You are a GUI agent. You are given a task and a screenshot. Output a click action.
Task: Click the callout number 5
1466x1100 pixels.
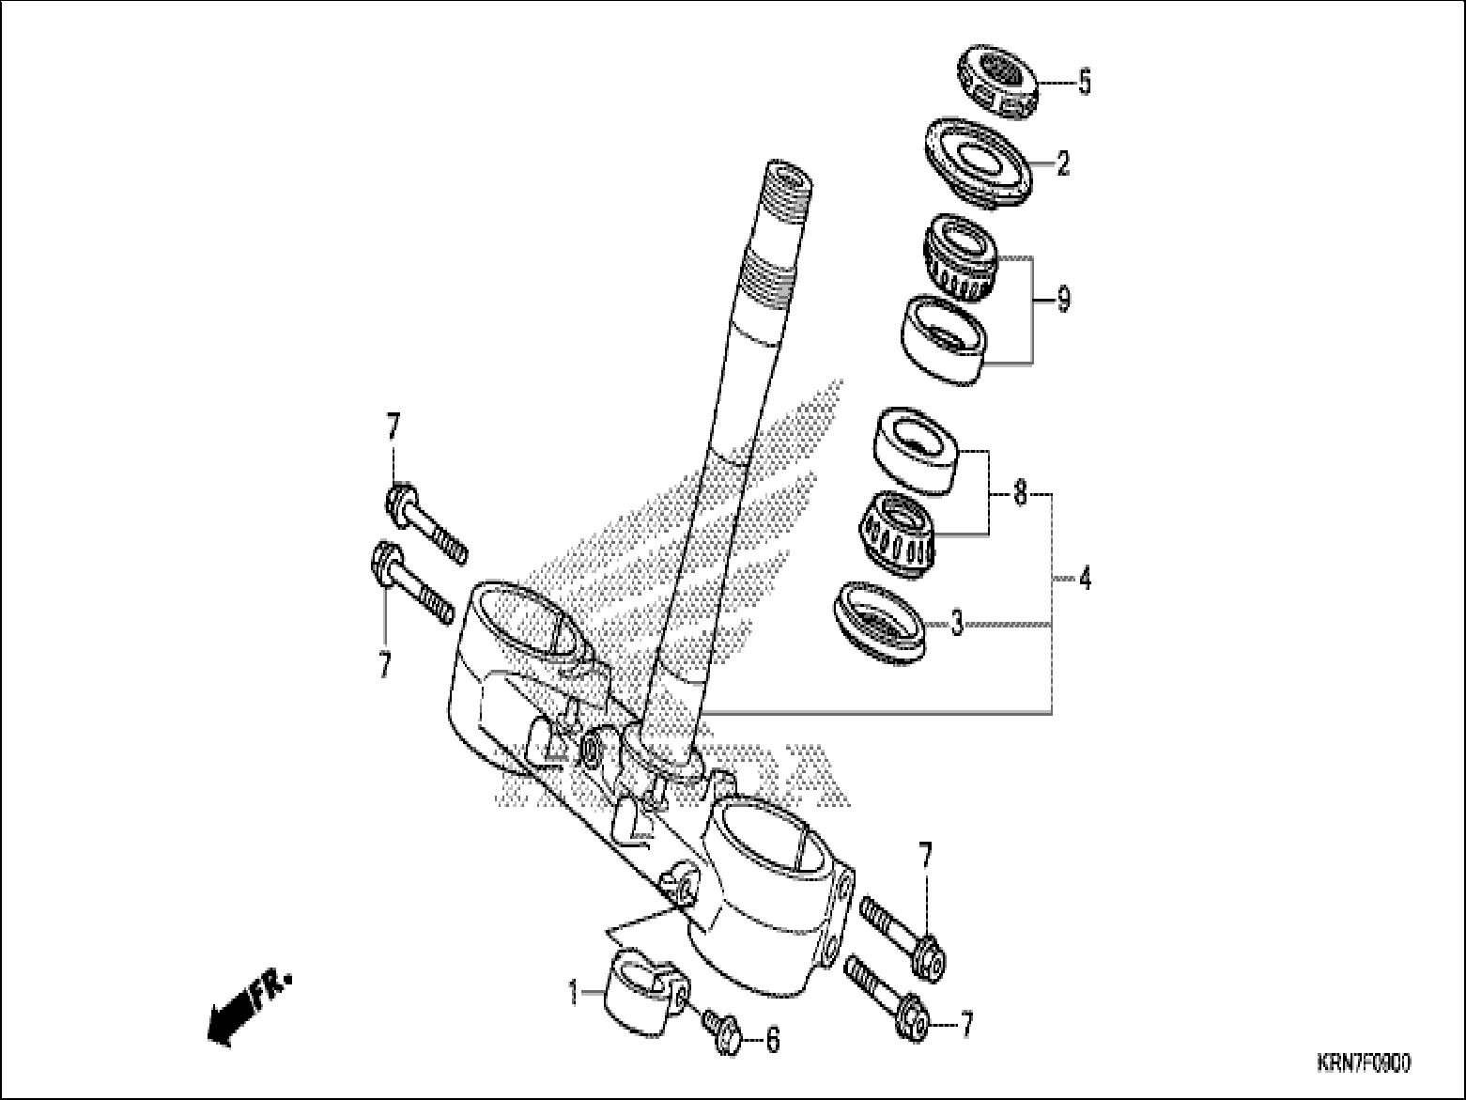pyautogui.click(x=1084, y=83)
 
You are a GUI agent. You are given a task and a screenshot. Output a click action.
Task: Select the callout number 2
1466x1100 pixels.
pyautogui.click(x=1062, y=165)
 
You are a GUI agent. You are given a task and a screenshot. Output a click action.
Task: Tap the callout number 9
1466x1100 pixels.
pyautogui.click(x=1062, y=301)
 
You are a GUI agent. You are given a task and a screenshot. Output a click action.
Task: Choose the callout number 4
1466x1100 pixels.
pyautogui.click(x=1084, y=579)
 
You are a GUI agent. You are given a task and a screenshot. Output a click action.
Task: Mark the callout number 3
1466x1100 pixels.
pyautogui.click(x=956, y=623)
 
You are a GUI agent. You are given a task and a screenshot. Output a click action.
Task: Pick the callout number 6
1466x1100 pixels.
pyautogui.click(x=772, y=1040)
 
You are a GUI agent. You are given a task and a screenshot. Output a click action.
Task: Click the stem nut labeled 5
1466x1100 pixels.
pyautogui.click(x=997, y=83)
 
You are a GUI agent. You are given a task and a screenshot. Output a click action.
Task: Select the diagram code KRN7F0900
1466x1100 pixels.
pyautogui.click(x=1362, y=1063)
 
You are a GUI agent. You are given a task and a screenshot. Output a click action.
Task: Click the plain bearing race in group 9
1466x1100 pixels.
pyautogui.click(x=945, y=338)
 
